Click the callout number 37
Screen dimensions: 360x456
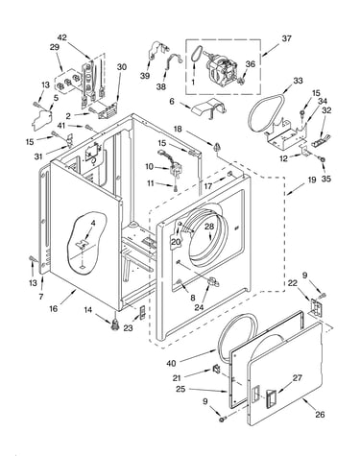click(286, 38)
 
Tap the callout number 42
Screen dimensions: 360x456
click(62, 37)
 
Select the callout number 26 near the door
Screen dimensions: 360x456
click(320, 415)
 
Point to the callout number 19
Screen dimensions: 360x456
click(312, 180)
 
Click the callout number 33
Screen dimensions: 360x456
click(298, 81)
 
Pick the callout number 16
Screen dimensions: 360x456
click(54, 308)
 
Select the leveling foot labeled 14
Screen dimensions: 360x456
click(115, 325)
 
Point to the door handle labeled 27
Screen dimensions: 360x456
click(271, 397)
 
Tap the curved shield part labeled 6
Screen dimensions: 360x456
click(209, 108)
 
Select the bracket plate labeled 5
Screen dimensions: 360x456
click(41, 118)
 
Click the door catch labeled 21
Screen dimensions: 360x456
click(217, 370)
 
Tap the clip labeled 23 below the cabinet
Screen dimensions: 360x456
click(142, 312)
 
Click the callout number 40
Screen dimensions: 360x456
click(171, 363)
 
